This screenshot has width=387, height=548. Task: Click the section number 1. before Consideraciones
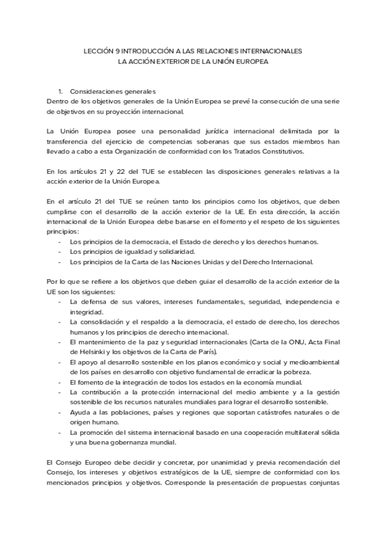click(60, 92)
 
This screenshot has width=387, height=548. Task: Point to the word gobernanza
click(132, 442)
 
